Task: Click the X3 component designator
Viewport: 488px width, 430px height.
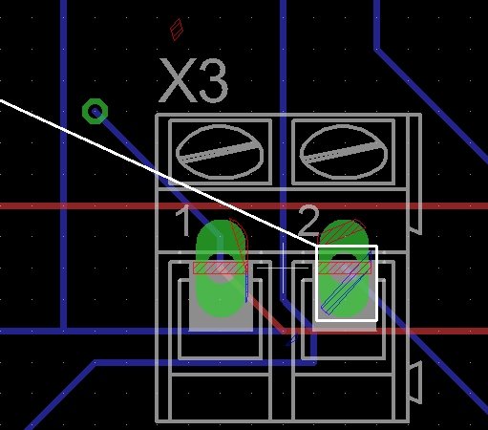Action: [194, 80]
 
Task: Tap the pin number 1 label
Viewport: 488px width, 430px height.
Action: [184, 221]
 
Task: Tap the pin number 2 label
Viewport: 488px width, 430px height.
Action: [308, 220]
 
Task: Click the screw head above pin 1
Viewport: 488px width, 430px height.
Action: [220, 152]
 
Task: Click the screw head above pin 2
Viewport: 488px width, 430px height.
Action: [344, 152]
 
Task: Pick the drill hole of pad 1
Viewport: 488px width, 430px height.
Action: [221, 268]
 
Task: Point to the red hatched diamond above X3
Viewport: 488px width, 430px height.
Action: [177, 30]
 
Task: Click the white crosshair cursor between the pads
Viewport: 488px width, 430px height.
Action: [283, 268]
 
